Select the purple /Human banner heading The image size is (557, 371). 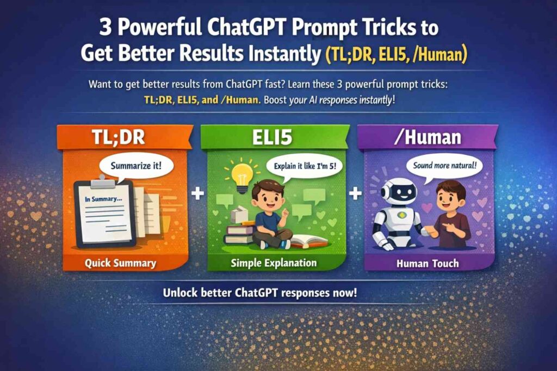tap(428, 137)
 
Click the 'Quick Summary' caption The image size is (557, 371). tap(121, 263)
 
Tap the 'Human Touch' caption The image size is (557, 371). tap(428, 263)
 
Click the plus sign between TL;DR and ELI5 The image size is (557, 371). tap(199, 193)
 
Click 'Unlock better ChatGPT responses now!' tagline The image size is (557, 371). tap(260, 293)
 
